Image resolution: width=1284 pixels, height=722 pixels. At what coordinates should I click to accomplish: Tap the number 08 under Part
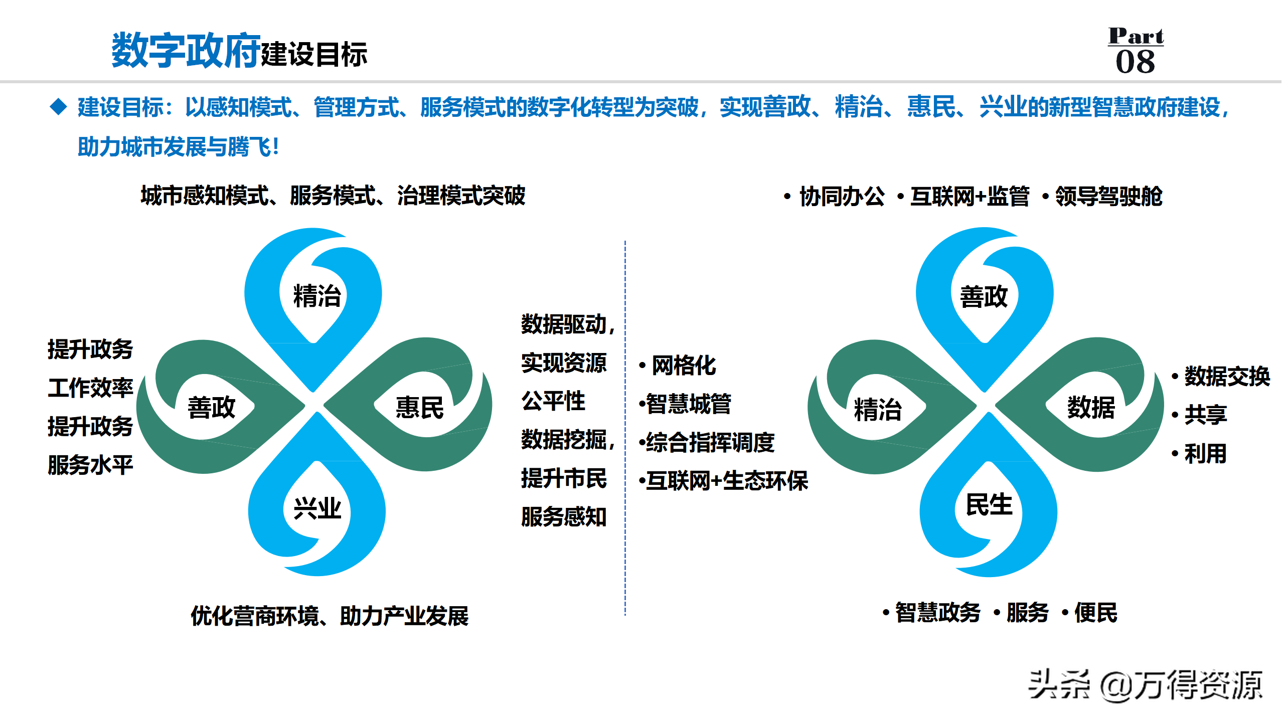1136,62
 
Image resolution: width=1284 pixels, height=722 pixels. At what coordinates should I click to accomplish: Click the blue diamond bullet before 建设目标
59,106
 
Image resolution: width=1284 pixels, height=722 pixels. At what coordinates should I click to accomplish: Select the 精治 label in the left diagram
317,295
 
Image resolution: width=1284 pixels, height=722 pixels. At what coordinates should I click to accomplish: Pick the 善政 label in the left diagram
211,407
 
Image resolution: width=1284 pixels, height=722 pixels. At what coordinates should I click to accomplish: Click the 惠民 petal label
419,407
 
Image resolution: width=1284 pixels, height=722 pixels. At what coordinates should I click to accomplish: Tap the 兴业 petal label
317,509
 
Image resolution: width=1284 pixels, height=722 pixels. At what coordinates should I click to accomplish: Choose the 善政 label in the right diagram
984,296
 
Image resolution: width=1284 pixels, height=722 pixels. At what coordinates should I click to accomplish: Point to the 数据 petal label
1091,407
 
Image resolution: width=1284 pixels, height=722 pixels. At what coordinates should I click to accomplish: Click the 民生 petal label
989,504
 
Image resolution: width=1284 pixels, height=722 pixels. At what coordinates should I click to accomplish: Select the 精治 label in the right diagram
878,409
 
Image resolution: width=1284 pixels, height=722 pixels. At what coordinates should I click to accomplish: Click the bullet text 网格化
684,366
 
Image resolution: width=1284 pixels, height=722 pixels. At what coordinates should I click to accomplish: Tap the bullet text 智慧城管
689,404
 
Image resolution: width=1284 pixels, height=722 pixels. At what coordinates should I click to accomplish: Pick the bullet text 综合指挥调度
710,443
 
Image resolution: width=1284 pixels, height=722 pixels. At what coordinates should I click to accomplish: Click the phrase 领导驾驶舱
1108,196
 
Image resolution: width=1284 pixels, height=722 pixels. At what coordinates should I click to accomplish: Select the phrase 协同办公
842,196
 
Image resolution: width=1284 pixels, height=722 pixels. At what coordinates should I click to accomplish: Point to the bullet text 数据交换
1227,376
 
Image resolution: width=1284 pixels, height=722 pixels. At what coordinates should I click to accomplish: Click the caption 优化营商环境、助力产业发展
330,616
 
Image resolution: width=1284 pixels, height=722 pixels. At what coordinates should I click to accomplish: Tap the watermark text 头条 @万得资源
1145,685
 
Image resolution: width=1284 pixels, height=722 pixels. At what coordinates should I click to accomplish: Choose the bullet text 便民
1095,613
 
